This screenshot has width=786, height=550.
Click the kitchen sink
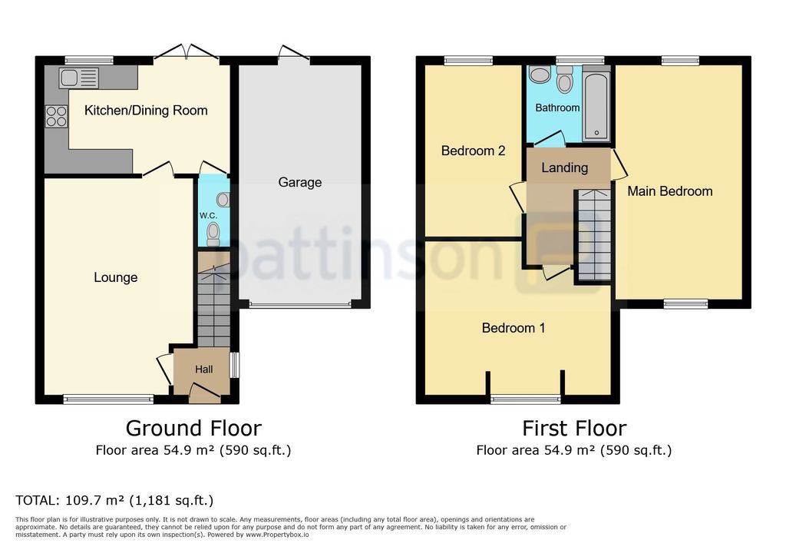79,78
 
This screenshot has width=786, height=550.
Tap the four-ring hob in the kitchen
56,116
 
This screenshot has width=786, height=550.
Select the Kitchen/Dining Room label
146,111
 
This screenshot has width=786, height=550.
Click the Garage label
300,182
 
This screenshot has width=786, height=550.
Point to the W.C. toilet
213,234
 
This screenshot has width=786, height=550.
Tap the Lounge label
116,277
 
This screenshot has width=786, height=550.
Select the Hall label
204,369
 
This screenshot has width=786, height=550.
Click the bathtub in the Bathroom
596,106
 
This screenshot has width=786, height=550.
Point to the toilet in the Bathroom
564,81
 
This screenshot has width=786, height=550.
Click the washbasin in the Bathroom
540,75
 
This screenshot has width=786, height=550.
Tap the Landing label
564,167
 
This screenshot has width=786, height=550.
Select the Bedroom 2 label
473,151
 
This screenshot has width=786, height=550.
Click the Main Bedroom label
669,191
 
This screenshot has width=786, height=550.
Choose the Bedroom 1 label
514,328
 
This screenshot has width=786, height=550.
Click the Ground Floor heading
193,428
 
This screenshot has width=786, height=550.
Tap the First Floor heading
574,428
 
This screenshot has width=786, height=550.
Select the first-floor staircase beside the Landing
593,235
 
